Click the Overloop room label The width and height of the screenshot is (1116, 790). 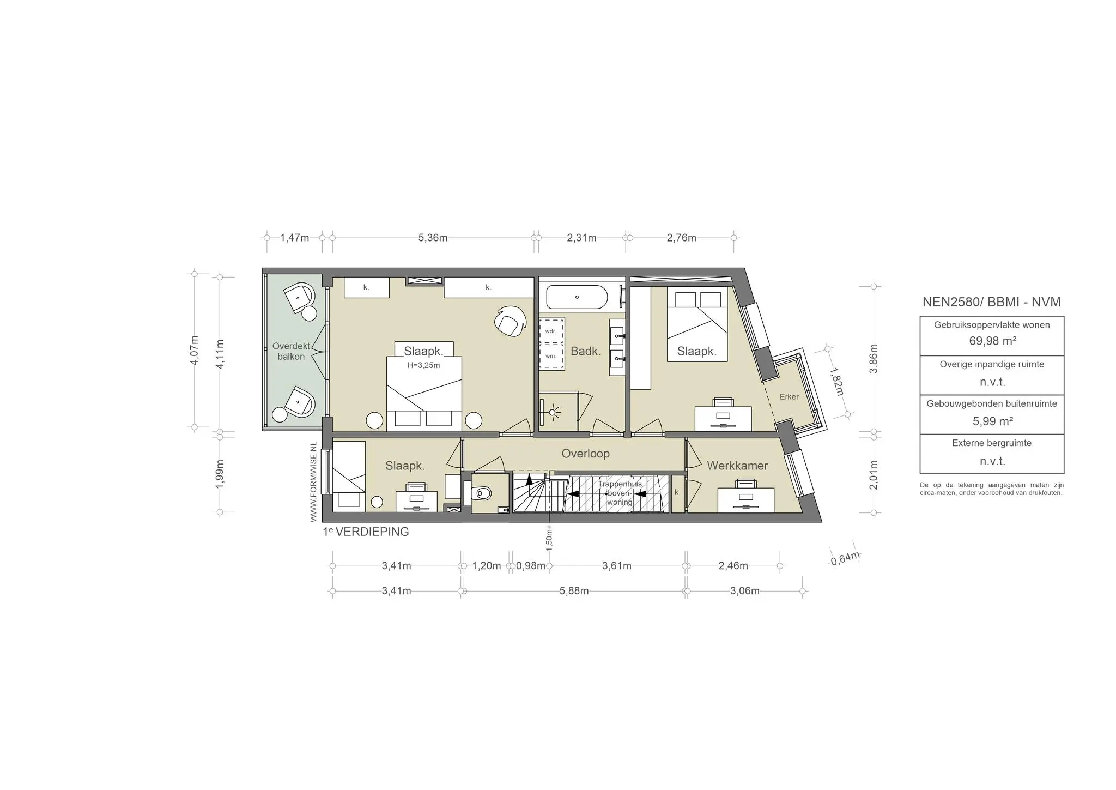point(585,454)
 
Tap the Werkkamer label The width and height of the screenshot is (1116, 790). point(737,466)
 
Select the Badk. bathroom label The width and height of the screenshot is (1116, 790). point(585,352)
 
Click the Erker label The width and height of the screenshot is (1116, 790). point(789,397)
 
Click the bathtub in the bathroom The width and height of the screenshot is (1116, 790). point(577,297)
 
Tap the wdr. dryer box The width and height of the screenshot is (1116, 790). point(551,330)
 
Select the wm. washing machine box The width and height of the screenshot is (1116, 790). point(551,357)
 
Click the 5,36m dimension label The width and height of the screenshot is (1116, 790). point(433,238)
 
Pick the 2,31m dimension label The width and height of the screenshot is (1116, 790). point(581,238)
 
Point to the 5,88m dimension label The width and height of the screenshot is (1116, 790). point(574,591)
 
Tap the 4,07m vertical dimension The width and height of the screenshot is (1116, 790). point(195,352)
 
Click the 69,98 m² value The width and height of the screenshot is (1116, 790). point(992,341)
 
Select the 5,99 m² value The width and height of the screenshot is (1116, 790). point(992,421)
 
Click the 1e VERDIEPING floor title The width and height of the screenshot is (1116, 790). point(366,532)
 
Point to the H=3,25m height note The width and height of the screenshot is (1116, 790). point(423,365)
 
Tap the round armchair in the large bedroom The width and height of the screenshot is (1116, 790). point(510,319)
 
